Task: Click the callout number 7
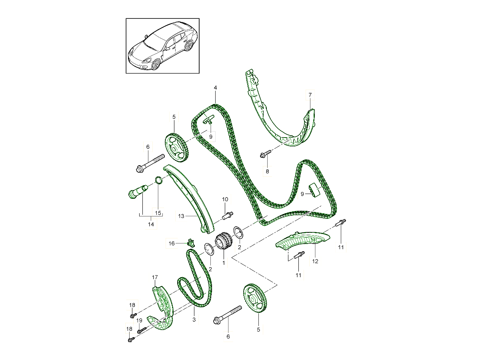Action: pyautogui.click(x=310, y=95)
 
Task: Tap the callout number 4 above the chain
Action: pyautogui.click(x=215, y=88)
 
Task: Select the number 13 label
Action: pyautogui.click(x=181, y=216)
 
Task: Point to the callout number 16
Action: pyautogui.click(x=172, y=243)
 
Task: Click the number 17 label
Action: pyautogui.click(x=155, y=277)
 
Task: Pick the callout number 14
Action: pyautogui.click(x=151, y=224)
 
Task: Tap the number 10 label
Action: pyautogui.click(x=225, y=199)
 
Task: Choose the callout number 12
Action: pyautogui.click(x=315, y=261)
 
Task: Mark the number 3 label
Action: pyautogui.click(x=194, y=320)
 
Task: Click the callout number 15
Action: pyautogui.click(x=158, y=213)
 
